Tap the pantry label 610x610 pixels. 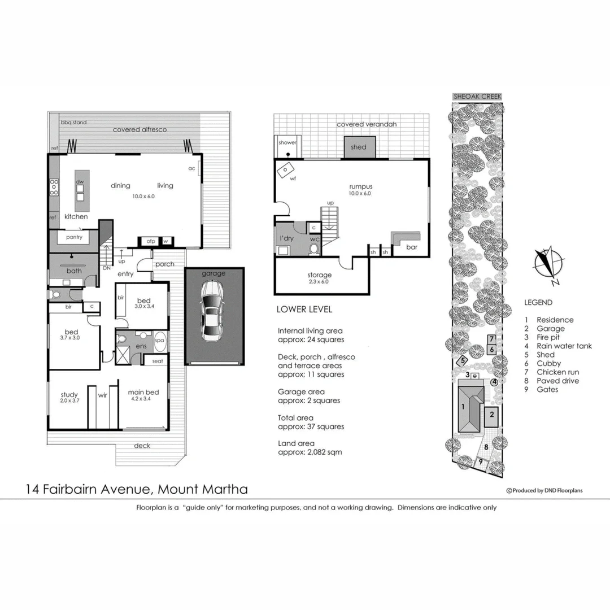[74, 237]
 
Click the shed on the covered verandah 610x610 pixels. [358, 147]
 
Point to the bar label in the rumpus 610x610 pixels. [412, 247]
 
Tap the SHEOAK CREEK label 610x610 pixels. [477, 97]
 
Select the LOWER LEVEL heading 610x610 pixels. [304, 310]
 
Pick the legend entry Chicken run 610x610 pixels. [557, 372]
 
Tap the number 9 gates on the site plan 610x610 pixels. [481, 461]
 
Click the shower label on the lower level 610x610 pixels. [287, 143]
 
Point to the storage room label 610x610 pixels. [320, 275]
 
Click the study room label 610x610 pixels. [69, 395]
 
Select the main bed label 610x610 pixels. [143, 393]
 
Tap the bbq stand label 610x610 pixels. [73, 122]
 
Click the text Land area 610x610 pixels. [296, 443]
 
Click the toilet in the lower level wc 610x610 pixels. [314, 248]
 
